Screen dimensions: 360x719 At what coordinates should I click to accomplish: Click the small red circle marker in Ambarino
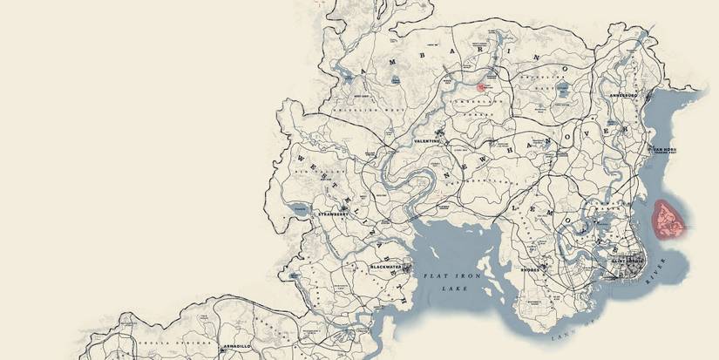(x=481, y=87)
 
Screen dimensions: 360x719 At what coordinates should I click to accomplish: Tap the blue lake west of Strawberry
(x=297, y=209)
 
